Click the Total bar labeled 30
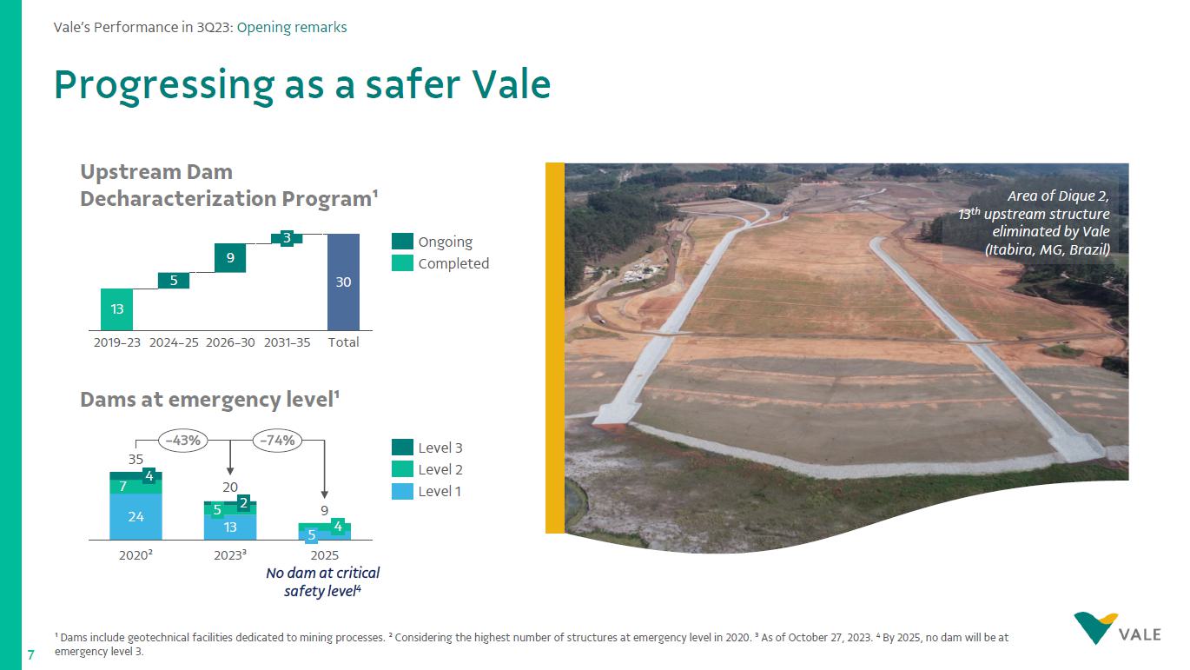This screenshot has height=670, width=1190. [x=343, y=282]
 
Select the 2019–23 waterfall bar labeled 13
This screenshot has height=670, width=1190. [x=117, y=309]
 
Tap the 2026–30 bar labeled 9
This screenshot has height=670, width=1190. [x=230, y=258]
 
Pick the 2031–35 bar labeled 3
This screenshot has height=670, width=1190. [x=287, y=238]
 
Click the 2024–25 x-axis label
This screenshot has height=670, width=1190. [x=174, y=342]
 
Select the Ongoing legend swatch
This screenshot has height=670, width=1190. [x=402, y=242]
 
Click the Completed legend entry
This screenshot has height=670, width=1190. [x=440, y=263]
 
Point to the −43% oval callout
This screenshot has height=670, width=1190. [x=182, y=441]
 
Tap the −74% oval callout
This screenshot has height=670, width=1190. [x=277, y=441]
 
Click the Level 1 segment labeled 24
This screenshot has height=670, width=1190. [x=136, y=516]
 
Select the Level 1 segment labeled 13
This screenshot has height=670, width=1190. [x=230, y=527]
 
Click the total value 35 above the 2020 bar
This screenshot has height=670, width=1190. [x=136, y=460]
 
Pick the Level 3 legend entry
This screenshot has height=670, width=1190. [x=427, y=448]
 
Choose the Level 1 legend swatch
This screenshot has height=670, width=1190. [x=402, y=491]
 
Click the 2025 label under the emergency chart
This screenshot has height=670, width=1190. [x=324, y=555]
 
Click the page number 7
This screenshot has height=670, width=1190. [x=30, y=655]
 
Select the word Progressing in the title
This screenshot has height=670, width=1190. [x=164, y=85]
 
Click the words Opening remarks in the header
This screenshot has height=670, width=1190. [x=292, y=27]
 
